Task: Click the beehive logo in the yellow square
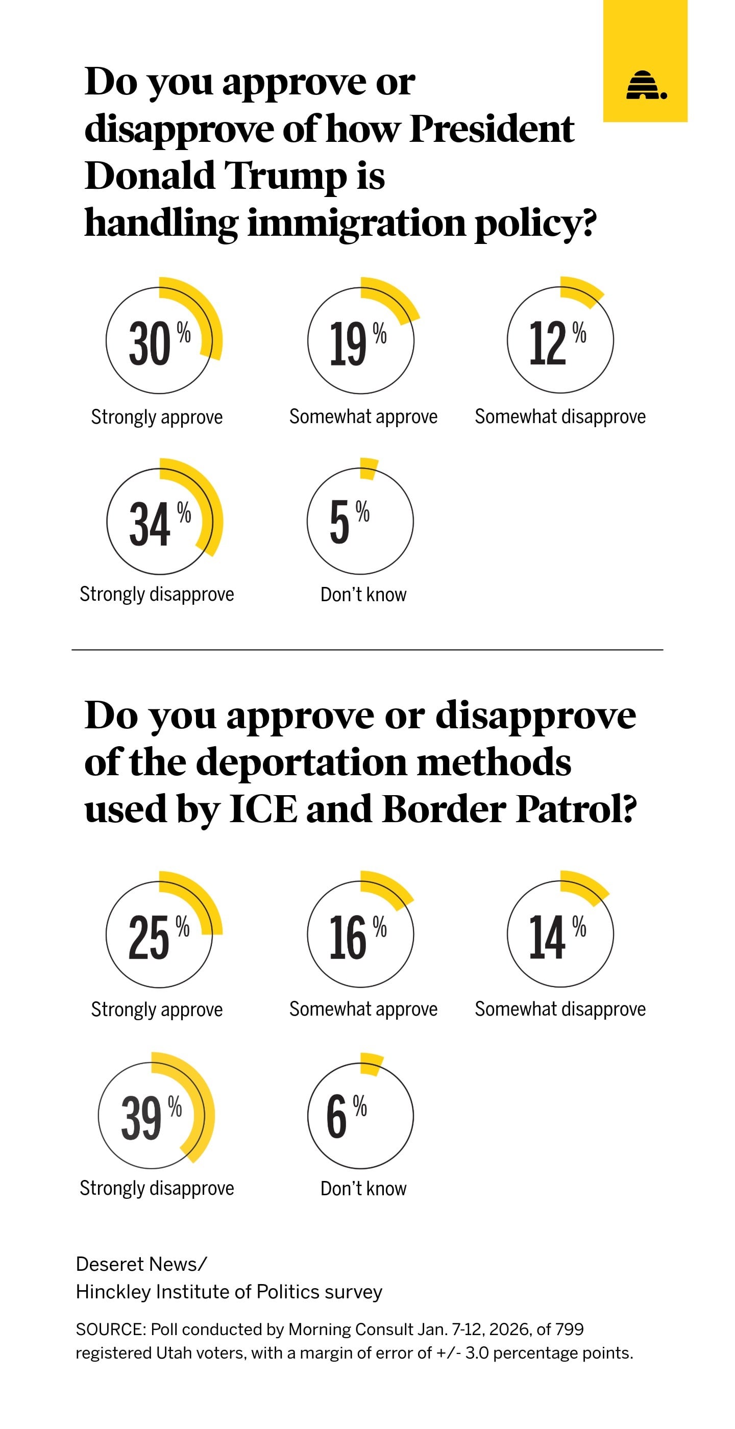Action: click(x=646, y=85)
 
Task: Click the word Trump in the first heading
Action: click(x=285, y=176)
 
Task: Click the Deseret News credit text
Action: click(x=141, y=1264)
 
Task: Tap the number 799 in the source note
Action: click(x=569, y=1329)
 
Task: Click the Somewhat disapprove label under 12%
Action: click(x=560, y=416)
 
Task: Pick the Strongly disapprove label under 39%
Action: click(x=157, y=1188)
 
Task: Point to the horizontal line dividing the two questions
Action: click(x=367, y=650)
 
